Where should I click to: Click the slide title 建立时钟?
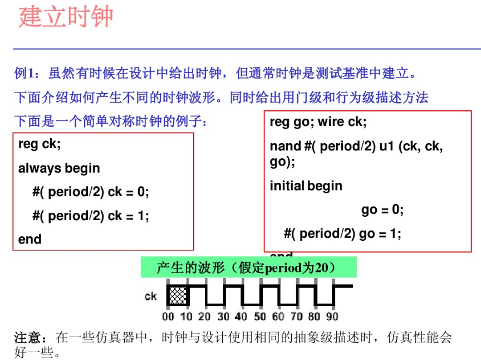(66, 17)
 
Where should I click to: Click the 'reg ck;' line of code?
(40, 144)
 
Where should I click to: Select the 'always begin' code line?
(59, 168)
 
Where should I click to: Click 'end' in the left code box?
(30, 240)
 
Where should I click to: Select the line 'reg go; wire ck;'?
(318, 122)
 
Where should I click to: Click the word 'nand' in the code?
(285, 147)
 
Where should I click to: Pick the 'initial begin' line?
(306, 186)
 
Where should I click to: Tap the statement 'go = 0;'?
(382, 210)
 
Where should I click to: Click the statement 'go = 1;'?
(380, 234)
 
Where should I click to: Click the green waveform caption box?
(248, 267)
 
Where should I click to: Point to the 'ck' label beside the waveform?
(151, 296)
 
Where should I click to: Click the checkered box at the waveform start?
(178, 295)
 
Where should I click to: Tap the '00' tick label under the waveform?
(168, 317)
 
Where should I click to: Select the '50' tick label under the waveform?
(259, 317)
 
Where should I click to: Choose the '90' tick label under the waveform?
(332, 317)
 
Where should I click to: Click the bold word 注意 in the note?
(27, 338)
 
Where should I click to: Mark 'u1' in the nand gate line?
(386, 147)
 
